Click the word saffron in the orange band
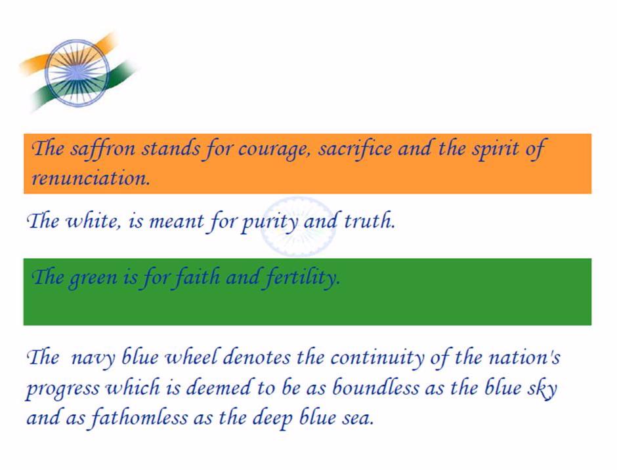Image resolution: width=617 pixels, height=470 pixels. (102, 149)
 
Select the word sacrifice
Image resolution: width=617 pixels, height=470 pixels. (355, 149)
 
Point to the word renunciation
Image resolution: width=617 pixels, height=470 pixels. (91, 178)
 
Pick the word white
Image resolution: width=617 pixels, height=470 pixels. (92, 221)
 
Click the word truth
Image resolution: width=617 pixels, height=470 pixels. (369, 220)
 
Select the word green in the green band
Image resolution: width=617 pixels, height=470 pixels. (93, 278)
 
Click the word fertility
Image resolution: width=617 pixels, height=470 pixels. (302, 277)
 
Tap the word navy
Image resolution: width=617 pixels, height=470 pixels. (93, 359)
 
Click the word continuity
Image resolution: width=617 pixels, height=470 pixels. (377, 359)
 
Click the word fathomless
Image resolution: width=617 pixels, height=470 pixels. (138, 418)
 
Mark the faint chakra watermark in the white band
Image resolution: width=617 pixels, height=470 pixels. (298, 227)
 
